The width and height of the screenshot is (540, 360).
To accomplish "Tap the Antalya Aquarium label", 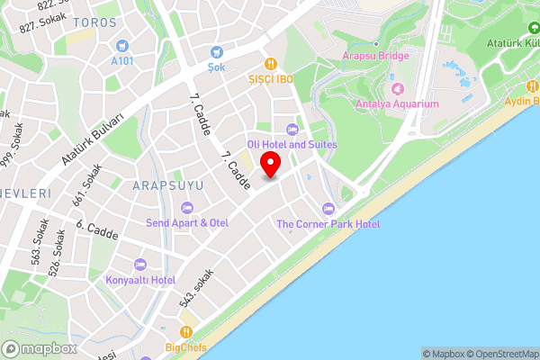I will [x=403, y=104].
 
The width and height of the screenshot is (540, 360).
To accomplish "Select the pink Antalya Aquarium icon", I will [x=397, y=89].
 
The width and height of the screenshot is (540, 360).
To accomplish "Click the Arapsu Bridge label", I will [x=375, y=56].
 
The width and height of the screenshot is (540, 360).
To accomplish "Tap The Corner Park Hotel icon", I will [x=328, y=209].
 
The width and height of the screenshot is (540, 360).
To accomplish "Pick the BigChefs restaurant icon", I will [x=186, y=331].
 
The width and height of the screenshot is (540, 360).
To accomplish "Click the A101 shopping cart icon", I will [x=121, y=45].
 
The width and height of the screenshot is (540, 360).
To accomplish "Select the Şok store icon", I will [x=215, y=53].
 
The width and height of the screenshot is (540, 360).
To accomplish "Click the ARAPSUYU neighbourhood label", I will [x=167, y=185].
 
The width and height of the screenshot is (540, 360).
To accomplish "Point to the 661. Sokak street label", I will [x=86, y=184].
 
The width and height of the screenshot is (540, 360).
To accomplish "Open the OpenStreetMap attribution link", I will [x=499, y=354].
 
